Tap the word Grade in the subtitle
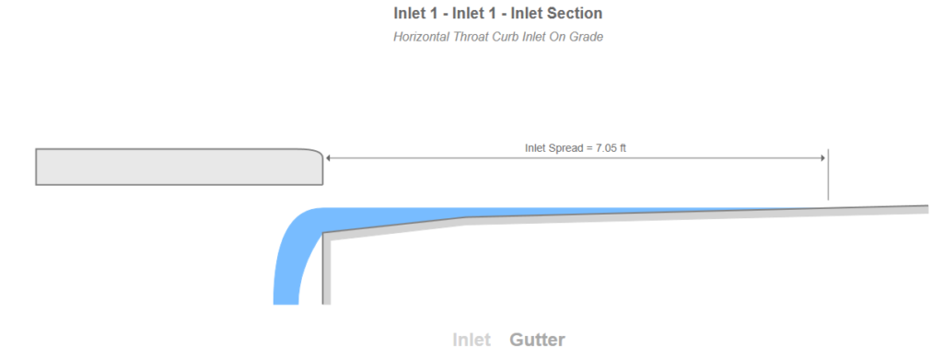pos(585,38)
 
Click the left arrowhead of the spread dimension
pos(330,158)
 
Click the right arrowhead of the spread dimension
pos(822,158)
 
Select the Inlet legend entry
pos(471,340)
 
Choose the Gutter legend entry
pos(537,340)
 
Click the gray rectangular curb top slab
pos(175,167)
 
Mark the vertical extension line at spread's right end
pos(828,180)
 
